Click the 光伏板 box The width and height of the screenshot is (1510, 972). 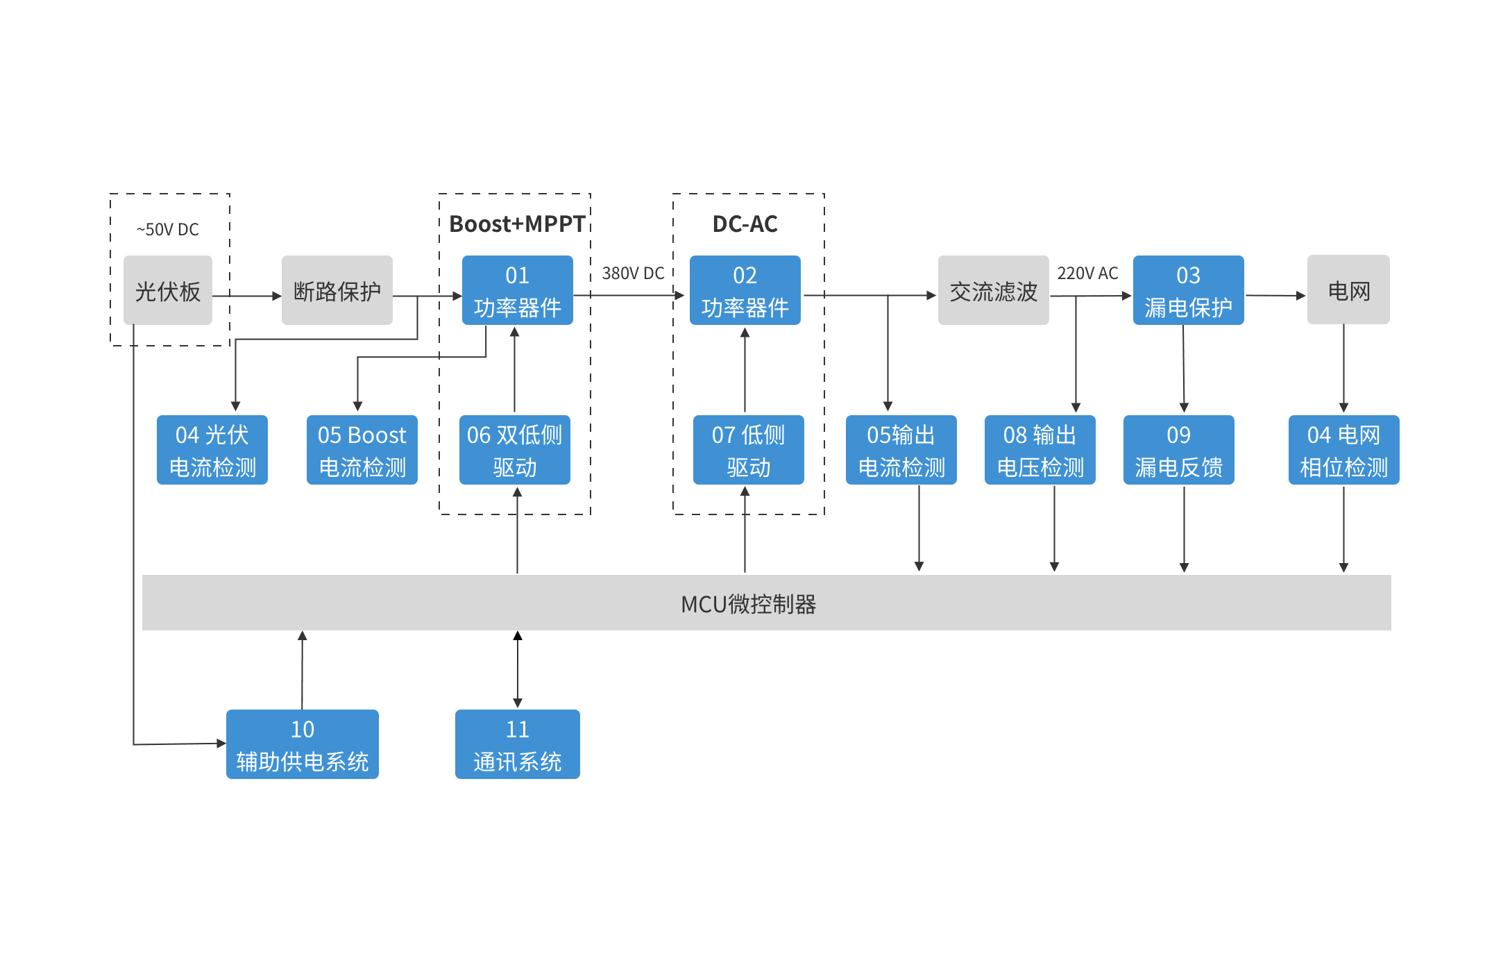click(168, 290)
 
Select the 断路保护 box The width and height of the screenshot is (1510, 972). click(337, 290)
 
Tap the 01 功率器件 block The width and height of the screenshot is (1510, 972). click(518, 290)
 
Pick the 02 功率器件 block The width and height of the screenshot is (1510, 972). click(745, 290)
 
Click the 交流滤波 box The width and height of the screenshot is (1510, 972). click(994, 290)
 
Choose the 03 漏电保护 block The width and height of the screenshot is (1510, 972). click(1189, 290)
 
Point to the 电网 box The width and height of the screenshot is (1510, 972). click(1348, 290)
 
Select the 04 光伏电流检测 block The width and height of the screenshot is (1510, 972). click(212, 450)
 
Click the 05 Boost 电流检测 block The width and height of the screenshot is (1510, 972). click(362, 450)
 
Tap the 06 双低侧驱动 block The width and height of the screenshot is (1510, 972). click(515, 450)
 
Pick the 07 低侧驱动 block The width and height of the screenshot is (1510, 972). click(749, 450)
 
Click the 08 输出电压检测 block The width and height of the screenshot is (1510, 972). click(1040, 450)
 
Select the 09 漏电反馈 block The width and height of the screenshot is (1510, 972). click(1179, 450)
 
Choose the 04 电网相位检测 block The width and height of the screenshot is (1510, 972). click(1344, 450)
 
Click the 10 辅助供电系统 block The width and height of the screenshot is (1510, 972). click(303, 744)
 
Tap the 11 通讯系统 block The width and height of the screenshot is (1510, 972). click(518, 744)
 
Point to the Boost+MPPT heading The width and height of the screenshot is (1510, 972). click(517, 224)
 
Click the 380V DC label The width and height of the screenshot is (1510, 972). click(633, 274)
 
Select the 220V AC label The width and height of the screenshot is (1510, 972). click(1087, 274)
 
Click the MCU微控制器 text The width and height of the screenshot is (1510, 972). click(749, 604)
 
